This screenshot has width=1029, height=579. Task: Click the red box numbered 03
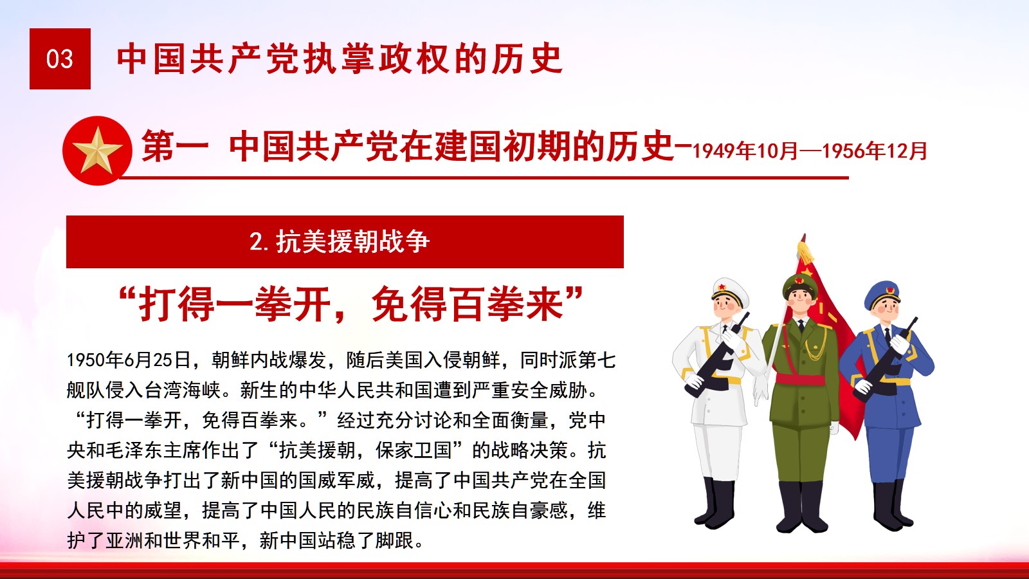60,59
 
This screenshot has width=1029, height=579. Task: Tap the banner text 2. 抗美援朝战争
340,242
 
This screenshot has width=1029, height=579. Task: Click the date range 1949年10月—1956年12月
810,151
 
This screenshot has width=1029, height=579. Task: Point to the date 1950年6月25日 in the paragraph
129,360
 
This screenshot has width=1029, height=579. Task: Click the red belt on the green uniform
800,379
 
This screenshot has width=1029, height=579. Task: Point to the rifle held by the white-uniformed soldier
717,354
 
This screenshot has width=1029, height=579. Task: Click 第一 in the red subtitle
174,146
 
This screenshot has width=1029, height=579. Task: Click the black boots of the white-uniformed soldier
716,503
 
